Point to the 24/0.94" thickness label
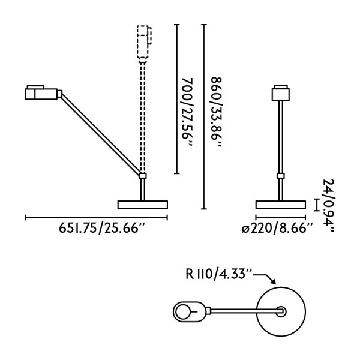[x=328, y=205]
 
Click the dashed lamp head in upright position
[x=144, y=43]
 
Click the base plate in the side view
[x=143, y=204]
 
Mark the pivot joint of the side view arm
[x=143, y=176]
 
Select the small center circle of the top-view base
[x=281, y=311]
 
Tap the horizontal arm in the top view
[x=243, y=311]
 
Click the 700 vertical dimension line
[x=176, y=99]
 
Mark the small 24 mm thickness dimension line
[x=316, y=204]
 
